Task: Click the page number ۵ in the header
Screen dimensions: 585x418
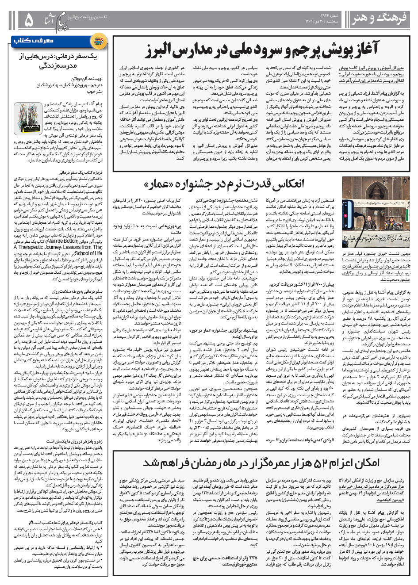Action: point(28,20)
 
